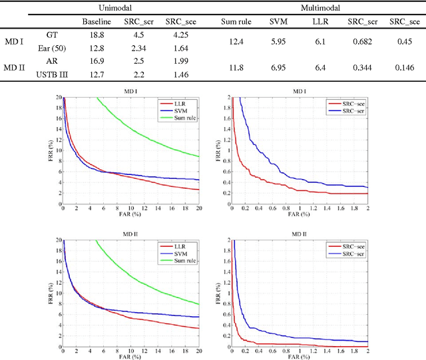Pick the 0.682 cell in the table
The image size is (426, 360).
coord(362,41)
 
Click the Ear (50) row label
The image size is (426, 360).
coord(51,47)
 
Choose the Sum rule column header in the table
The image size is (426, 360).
coord(234,21)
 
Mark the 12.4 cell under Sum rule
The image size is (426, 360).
coord(234,41)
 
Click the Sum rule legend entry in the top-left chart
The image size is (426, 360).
coord(175,117)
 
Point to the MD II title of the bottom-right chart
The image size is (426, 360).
coord(298,234)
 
